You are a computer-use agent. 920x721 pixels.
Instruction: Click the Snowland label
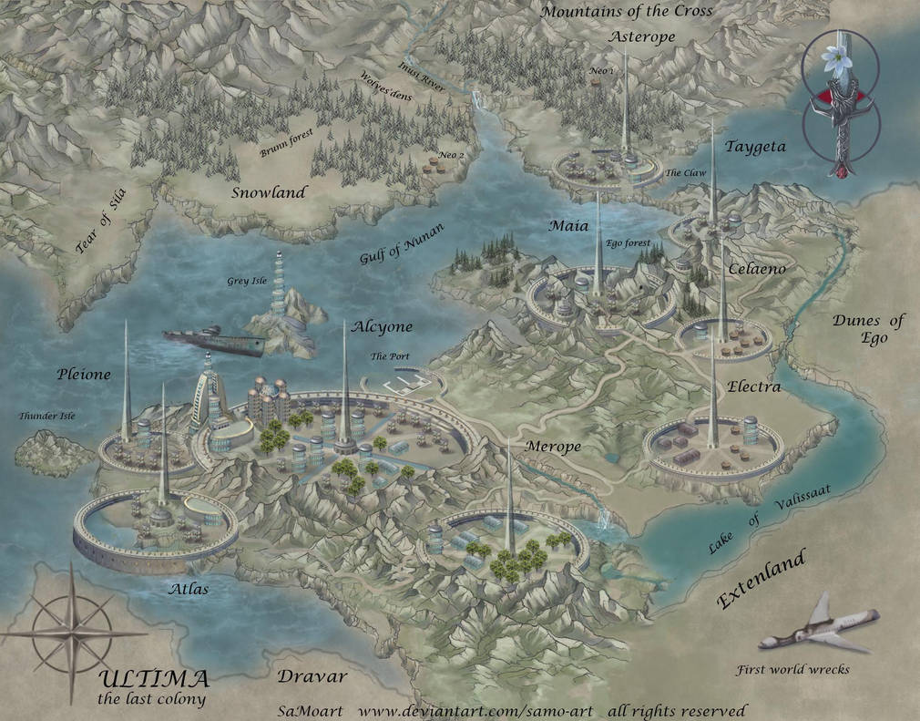pos(268,192)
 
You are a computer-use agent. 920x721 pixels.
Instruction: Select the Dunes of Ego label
pos(868,329)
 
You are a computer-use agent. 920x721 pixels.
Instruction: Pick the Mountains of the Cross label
pos(627,11)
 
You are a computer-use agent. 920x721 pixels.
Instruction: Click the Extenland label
pos(762,581)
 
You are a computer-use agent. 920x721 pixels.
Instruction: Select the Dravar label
pos(312,677)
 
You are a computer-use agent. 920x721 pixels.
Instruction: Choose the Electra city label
pos(753,386)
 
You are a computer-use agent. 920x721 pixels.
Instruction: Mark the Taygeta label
pos(754,146)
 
